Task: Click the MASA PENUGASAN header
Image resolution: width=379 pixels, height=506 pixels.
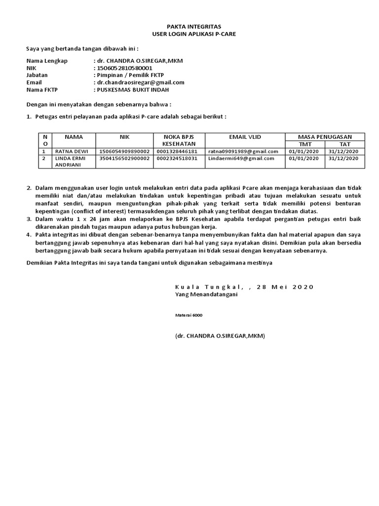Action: [x=324, y=136]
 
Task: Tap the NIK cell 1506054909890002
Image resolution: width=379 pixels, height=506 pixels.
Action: [x=125, y=151]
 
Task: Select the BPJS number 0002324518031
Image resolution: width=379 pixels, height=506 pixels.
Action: [x=177, y=159]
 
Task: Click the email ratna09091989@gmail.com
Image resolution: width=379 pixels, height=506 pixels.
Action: [x=243, y=151]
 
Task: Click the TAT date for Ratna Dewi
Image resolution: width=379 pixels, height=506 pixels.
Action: [x=344, y=151]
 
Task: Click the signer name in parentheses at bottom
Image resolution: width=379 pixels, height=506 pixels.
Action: [x=220, y=336]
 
